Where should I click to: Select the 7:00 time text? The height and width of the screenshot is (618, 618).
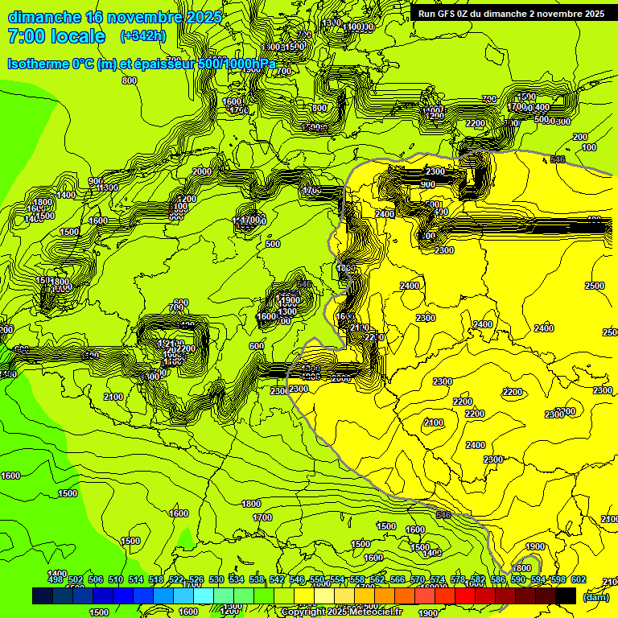(24, 36)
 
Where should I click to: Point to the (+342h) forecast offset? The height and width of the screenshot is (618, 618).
(143, 36)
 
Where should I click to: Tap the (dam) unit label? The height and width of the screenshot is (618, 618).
(595, 596)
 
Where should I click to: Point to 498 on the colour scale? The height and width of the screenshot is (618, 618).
(56, 579)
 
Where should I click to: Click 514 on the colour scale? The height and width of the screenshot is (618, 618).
(136, 579)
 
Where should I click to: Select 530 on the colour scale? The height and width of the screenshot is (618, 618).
(216, 579)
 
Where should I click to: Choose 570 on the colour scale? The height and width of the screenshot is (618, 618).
(418, 579)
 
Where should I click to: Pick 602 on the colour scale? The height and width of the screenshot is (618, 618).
(579, 579)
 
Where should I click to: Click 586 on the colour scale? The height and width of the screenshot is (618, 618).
(498, 579)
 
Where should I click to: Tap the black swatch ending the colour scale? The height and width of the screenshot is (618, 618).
(566, 595)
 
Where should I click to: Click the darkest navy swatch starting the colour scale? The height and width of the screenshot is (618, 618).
(43, 595)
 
